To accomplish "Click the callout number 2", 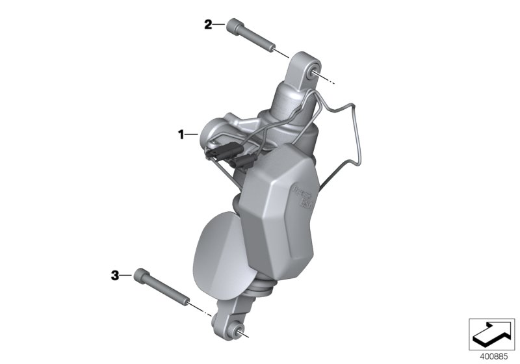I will [208, 25].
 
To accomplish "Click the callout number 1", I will [182, 135].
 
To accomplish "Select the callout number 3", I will [114, 276].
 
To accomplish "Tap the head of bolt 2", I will [233, 28].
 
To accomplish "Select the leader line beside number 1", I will [193, 135].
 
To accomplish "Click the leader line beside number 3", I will [127, 276].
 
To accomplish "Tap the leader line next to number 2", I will [219, 25].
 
